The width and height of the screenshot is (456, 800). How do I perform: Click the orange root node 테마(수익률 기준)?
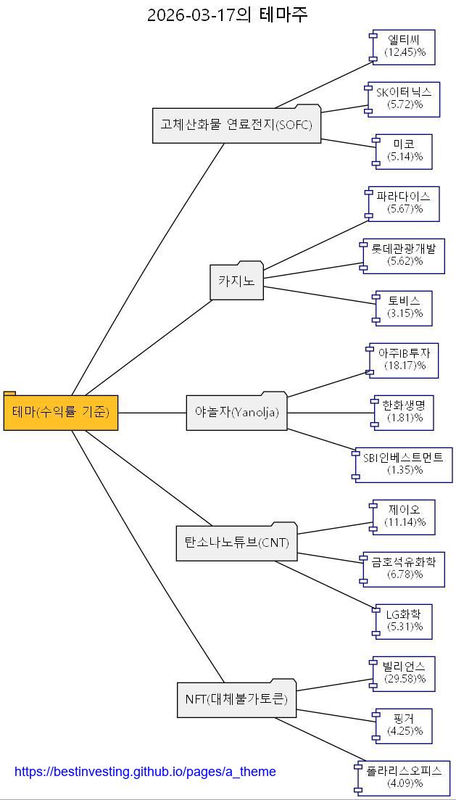61,412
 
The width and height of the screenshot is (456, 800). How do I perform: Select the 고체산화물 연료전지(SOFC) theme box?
236,125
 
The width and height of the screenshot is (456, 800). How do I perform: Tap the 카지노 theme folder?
237,281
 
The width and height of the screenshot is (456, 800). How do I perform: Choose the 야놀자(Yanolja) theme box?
236,412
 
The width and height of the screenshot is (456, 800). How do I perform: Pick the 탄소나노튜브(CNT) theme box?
236,542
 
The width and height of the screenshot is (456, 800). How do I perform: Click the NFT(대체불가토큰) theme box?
236,699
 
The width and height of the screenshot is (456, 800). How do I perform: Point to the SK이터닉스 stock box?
404,98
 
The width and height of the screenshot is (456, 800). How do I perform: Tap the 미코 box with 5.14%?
404,151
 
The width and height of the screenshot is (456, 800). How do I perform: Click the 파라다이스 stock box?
404,202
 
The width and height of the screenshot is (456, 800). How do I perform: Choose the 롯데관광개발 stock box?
404,255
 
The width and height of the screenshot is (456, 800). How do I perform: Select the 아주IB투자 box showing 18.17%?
404,360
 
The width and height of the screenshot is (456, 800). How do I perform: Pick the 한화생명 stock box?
404,411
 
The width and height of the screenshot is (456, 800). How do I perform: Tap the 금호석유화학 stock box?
404,569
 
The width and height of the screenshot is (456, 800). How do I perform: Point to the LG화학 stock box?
404,621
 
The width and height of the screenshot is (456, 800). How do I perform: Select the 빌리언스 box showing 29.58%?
404,673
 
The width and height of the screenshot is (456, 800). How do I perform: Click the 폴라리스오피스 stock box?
404,778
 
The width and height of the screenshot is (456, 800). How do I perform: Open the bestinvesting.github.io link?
145,772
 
